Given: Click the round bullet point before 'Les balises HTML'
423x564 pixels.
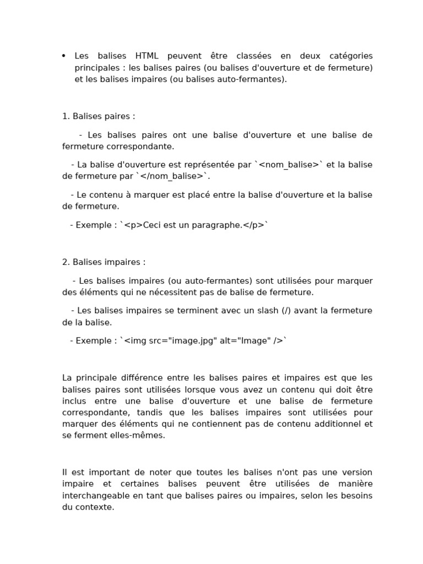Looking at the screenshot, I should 64,56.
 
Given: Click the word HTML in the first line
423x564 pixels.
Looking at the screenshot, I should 147,56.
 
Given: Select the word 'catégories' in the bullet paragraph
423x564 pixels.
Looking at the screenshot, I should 351,56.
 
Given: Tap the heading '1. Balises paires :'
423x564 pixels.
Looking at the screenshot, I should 98,116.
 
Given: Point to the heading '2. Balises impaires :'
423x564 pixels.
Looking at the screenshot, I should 104,262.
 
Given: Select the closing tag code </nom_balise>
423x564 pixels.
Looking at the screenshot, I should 172,176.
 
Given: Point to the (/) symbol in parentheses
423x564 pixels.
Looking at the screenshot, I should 286,310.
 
